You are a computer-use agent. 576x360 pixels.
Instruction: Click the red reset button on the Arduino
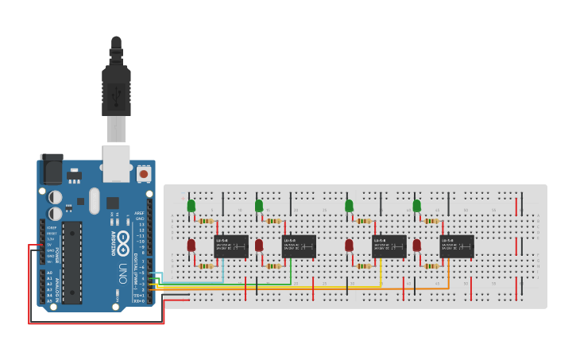[144, 172]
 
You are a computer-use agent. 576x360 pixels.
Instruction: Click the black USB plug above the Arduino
[116, 87]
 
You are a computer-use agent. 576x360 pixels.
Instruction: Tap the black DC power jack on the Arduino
[51, 168]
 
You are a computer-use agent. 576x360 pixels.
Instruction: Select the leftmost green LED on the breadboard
[191, 206]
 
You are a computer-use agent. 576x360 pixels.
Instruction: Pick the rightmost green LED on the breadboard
[417, 206]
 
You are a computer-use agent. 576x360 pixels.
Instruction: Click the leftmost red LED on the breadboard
[191, 246]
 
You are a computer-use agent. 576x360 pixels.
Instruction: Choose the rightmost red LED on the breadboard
[417, 246]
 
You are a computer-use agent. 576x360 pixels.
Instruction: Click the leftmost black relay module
[231, 246]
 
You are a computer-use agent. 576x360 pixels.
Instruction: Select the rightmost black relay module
[458, 246]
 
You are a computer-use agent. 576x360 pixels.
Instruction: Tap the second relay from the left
[299, 246]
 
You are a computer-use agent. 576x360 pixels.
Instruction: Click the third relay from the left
[389, 246]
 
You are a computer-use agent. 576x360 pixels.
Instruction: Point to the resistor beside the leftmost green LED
[208, 221]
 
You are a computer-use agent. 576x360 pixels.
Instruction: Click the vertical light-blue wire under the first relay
[223, 270]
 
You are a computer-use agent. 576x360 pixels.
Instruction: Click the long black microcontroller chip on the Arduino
[72, 262]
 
